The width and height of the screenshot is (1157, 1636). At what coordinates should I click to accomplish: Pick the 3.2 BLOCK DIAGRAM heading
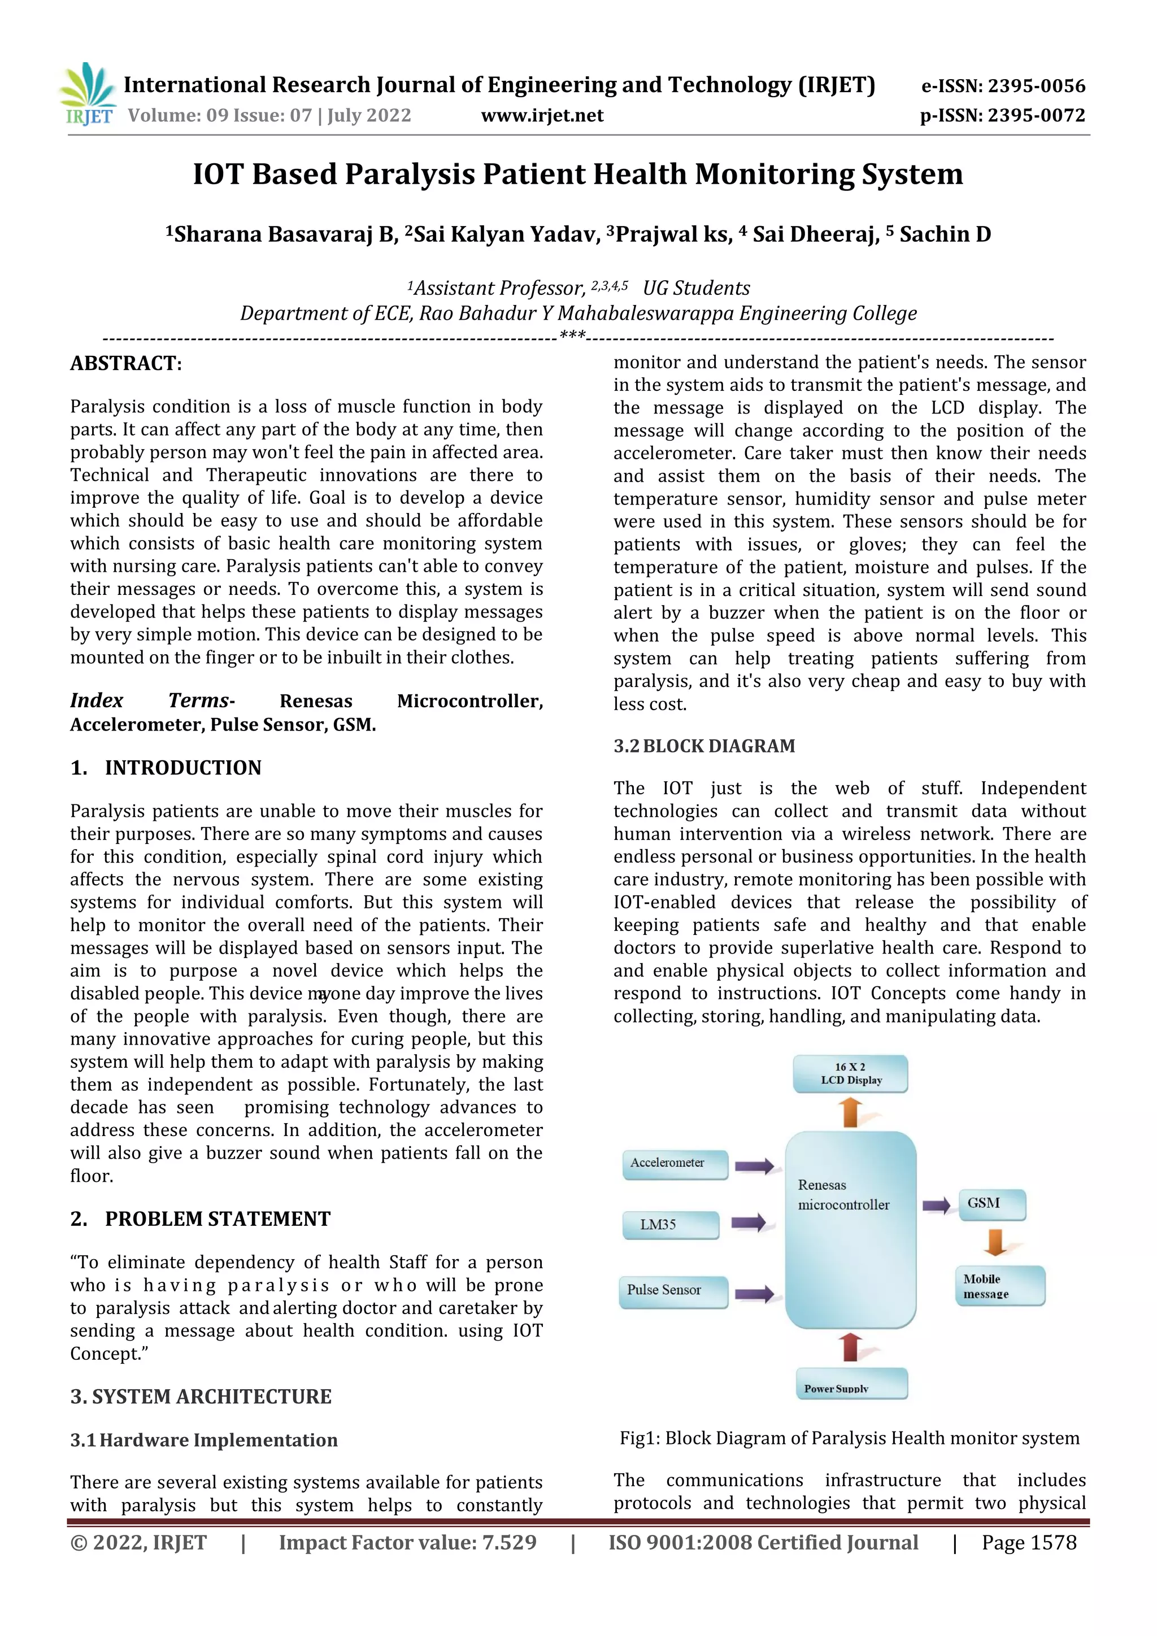(704, 746)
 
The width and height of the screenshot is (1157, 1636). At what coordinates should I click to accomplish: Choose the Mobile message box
(999, 1286)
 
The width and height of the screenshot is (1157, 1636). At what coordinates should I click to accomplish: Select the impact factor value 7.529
(508, 1543)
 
